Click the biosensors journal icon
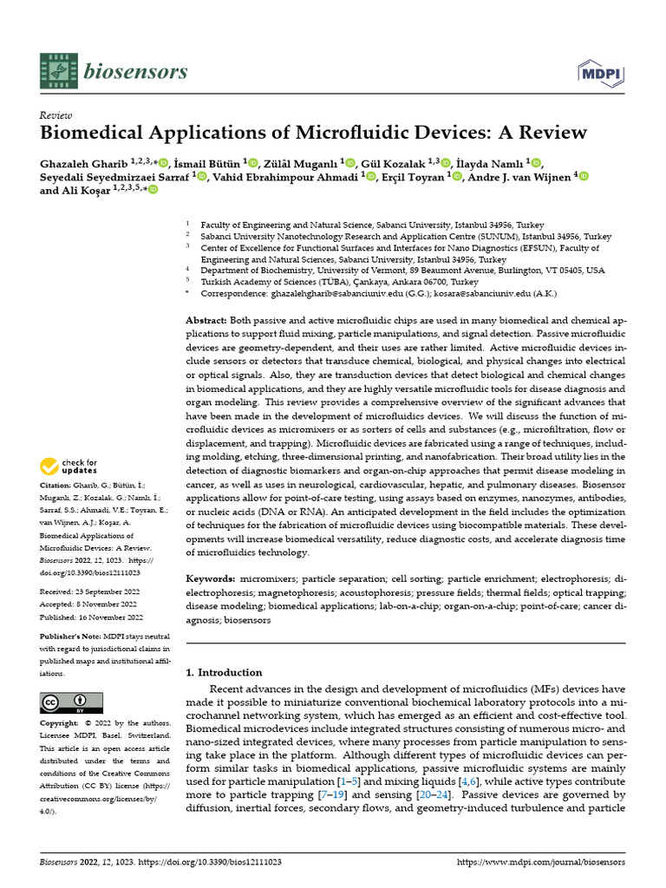(57, 71)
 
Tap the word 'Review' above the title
(56, 115)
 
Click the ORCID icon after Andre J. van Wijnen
(583, 177)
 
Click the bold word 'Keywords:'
(210, 578)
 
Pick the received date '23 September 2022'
(112, 591)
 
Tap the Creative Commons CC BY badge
(71, 702)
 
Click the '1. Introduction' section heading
(225, 672)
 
